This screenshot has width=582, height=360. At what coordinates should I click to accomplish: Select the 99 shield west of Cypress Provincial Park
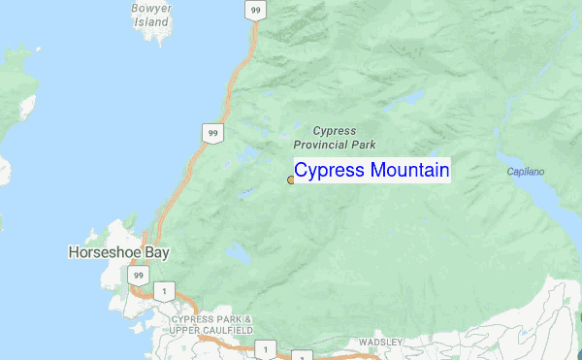[x=212, y=132]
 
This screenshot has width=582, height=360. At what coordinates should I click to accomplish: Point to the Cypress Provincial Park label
[x=335, y=137]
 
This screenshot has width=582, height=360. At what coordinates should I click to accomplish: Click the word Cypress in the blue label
[x=329, y=172]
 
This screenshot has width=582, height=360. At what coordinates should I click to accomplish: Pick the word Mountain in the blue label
[x=408, y=172]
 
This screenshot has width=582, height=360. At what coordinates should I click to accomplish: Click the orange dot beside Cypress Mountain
[x=291, y=180]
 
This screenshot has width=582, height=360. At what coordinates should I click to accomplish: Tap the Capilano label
[x=526, y=172]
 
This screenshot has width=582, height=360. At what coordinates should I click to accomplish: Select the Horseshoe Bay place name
[x=118, y=252]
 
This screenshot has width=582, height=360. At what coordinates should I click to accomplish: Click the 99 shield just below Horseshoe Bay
[x=138, y=277]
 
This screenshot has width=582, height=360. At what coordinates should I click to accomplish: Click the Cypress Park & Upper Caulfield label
[x=211, y=325]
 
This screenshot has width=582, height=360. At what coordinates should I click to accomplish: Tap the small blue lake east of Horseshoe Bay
[x=238, y=254]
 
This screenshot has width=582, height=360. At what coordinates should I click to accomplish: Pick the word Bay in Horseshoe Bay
[x=156, y=252]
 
